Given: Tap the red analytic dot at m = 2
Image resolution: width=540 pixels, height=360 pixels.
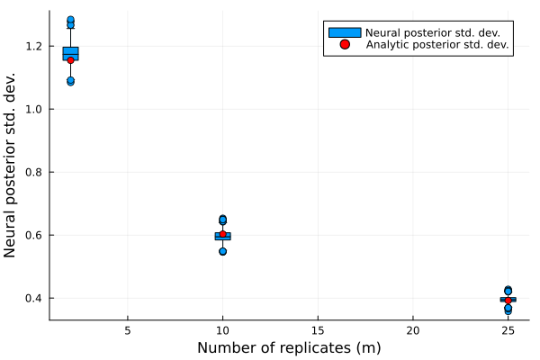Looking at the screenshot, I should (70, 60).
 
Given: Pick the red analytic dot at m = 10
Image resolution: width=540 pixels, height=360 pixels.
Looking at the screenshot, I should (222, 235).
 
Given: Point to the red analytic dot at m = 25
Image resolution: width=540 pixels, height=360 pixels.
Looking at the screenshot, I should (508, 300).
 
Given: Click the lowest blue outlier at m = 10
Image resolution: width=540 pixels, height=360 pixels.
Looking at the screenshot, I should (222, 251).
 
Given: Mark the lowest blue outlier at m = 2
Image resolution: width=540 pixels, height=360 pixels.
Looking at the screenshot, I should (70, 82).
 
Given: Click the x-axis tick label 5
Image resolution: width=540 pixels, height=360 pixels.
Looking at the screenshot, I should (128, 330).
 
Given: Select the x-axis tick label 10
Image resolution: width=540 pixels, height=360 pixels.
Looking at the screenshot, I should (222, 330).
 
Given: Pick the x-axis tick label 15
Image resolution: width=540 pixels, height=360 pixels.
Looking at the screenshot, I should (318, 330).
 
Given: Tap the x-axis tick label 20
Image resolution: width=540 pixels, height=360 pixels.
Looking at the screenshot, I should (413, 330).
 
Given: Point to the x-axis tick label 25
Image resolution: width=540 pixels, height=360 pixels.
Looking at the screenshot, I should (508, 330).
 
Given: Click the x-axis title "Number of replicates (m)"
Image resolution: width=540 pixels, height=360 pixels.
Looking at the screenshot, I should (289, 347).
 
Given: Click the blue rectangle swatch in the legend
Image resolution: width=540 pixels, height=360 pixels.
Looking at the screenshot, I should (344, 32).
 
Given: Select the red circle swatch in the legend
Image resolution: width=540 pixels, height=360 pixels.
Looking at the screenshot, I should (344, 44).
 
